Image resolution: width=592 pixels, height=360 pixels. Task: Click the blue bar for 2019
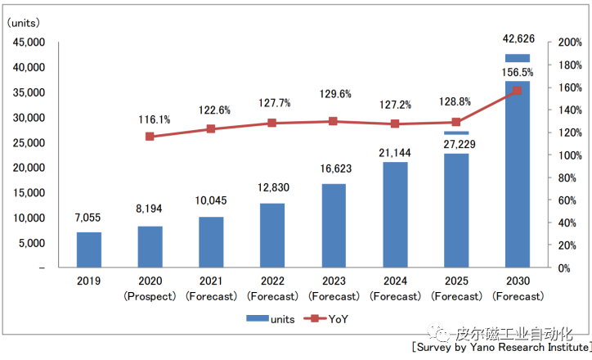pos(89,250)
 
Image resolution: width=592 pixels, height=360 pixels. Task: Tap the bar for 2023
pos(334,225)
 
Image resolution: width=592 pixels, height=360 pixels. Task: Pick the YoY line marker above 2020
pos(150,136)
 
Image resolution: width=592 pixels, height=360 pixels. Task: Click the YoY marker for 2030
pos(517,90)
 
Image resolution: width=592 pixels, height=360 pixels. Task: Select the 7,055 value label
pos(89,219)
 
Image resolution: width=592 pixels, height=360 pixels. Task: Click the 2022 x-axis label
pos(272,281)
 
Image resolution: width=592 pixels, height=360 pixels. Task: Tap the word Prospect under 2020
pos(150,295)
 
